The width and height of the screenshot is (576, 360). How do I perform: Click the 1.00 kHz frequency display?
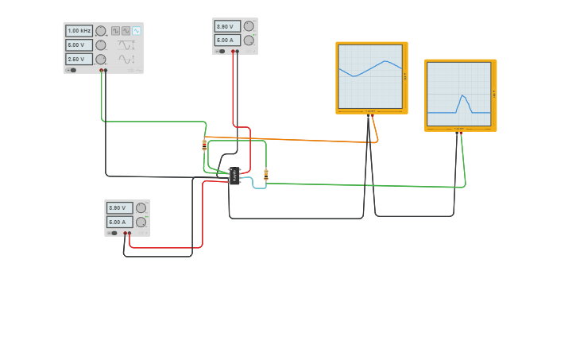click(79, 31)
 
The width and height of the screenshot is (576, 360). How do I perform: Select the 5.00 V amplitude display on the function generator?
click(79, 45)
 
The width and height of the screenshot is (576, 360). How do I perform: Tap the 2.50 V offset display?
click(79, 59)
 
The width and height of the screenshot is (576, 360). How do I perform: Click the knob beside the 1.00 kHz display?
click(101, 31)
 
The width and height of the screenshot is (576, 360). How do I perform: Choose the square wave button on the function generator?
click(115, 31)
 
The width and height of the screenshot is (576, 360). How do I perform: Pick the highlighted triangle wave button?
click(136, 31)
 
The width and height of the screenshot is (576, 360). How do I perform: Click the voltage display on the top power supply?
click(227, 26)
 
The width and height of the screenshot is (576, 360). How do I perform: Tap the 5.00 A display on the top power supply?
click(227, 40)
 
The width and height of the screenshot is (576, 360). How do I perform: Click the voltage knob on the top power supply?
click(249, 26)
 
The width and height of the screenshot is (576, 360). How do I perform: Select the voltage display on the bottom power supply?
click(119, 208)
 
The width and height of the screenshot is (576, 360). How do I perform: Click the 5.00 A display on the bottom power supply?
click(119, 223)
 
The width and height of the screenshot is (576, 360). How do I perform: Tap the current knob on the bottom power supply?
click(141, 223)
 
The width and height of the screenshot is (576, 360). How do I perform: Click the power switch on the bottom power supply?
click(114, 233)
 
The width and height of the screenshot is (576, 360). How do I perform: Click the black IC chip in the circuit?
click(234, 176)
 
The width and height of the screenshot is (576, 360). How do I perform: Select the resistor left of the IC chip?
click(204, 145)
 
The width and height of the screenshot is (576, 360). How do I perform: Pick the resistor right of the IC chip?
click(265, 174)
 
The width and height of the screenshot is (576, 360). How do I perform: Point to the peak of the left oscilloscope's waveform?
click(386, 61)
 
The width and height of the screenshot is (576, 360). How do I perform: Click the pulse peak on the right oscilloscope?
click(462, 95)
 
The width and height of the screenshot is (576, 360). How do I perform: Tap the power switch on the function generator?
click(72, 70)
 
